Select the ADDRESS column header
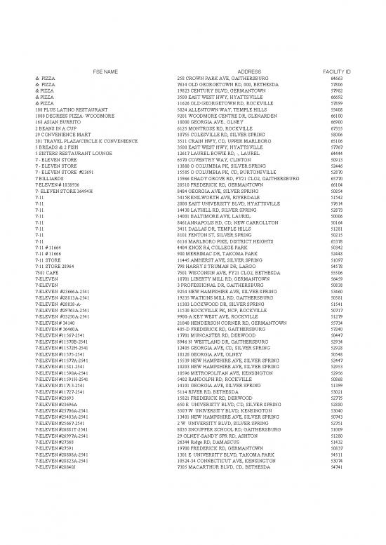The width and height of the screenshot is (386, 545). (x=249, y=72)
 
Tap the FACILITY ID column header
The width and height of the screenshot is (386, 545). (x=336, y=72)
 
